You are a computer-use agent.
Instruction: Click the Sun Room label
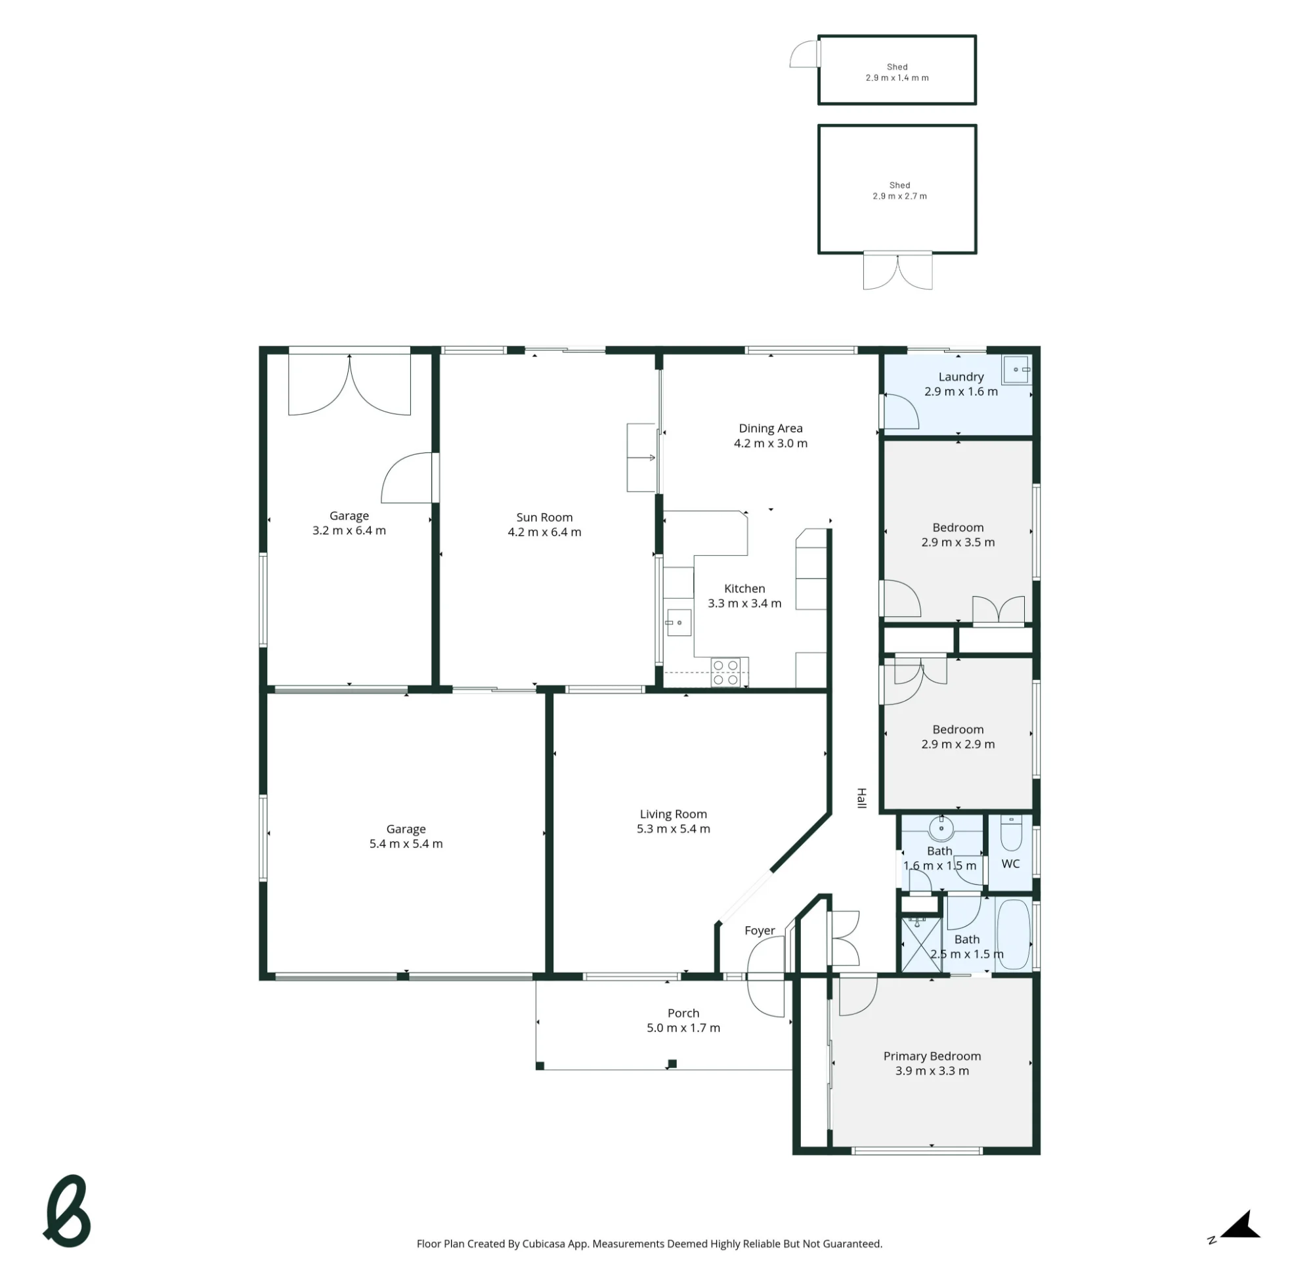click(544, 517)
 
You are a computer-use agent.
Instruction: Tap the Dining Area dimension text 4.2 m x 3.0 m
click(771, 443)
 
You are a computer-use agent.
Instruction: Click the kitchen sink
click(678, 623)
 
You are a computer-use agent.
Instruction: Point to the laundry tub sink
click(1016, 370)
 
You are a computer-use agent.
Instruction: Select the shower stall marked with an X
click(921, 945)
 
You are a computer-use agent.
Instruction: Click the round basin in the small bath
click(941, 829)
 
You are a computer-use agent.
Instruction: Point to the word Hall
click(862, 798)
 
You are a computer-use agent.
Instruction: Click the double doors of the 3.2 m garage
click(349, 384)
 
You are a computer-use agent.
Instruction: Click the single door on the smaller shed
click(804, 54)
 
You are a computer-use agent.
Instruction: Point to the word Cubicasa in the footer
click(544, 1244)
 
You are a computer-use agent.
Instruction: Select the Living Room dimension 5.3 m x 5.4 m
click(673, 828)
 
